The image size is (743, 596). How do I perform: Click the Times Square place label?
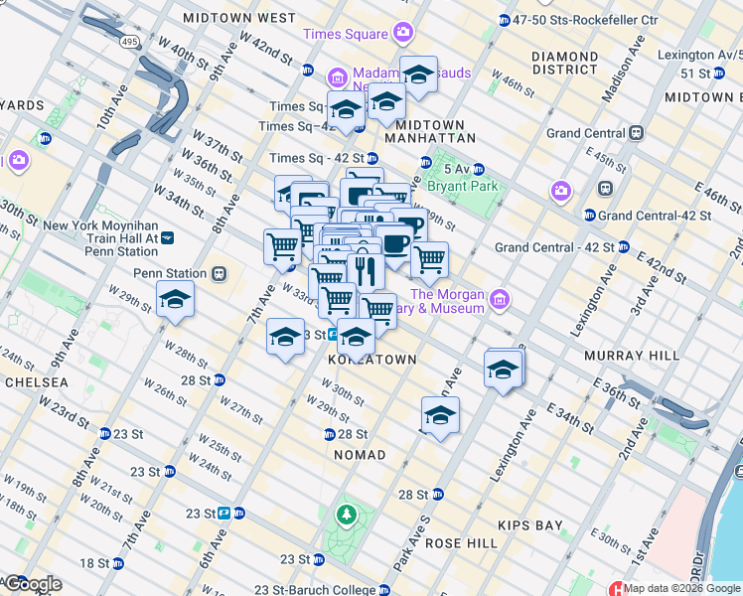click(345, 34)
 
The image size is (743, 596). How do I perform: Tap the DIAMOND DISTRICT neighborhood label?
click(564, 63)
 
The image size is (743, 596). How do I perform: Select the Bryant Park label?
click(460, 185)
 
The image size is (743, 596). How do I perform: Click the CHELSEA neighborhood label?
click(35, 382)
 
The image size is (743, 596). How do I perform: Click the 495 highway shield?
click(130, 43)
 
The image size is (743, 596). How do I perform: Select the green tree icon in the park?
click(346, 515)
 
